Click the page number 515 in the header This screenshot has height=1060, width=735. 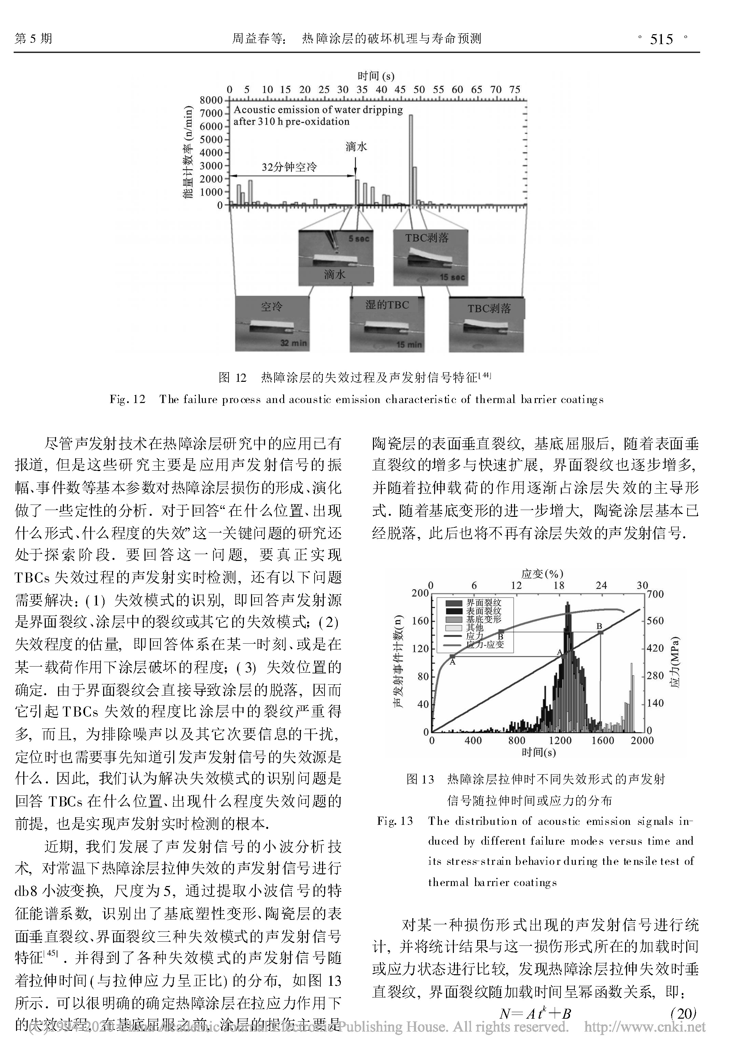(x=662, y=40)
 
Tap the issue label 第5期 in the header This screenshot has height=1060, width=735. (x=33, y=38)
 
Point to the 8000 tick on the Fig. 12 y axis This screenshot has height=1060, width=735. (x=211, y=100)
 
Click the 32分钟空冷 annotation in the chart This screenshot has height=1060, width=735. (x=289, y=167)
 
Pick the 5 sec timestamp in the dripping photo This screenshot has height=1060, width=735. (x=358, y=239)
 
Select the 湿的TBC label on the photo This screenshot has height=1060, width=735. (x=387, y=305)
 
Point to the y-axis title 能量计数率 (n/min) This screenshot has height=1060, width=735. (x=188, y=152)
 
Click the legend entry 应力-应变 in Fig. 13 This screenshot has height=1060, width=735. (x=485, y=644)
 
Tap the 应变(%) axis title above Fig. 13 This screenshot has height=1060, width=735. (x=542, y=574)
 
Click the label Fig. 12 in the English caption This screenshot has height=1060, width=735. (x=127, y=399)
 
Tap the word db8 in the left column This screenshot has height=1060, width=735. (x=26, y=891)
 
